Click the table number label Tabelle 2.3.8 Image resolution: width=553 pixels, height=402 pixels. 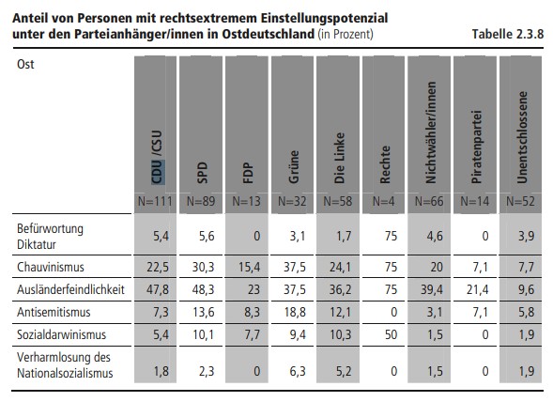coord(508,34)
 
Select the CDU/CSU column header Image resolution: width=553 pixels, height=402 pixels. coord(157,157)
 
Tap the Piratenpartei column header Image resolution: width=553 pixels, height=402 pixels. coord(476,147)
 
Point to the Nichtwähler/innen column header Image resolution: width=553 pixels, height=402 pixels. coord(431,132)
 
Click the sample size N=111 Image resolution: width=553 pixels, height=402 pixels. coord(155,201)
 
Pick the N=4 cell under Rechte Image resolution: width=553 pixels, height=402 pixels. coord(383,201)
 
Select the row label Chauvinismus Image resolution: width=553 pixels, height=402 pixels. coord(51,267)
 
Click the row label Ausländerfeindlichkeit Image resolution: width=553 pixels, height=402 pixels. coord(70,289)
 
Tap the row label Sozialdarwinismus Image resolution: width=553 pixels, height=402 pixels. coord(61,334)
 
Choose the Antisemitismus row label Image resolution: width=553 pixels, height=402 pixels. coord(54,312)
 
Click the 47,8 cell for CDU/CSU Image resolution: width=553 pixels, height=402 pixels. coord(158,290)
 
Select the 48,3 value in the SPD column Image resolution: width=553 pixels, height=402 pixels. coord(203,290)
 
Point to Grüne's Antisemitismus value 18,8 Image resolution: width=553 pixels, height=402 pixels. coord(295,313)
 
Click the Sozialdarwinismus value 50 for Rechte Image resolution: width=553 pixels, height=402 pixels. coord(391,335)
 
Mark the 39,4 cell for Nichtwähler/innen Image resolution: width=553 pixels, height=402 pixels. coord(432,290)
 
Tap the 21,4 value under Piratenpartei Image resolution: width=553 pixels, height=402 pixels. coord(477,290)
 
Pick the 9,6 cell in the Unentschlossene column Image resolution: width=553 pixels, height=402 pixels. coord(526,290)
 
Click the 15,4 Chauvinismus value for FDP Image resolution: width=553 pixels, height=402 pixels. coord(249,267)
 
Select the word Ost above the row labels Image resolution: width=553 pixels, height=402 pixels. coord(25,64)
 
